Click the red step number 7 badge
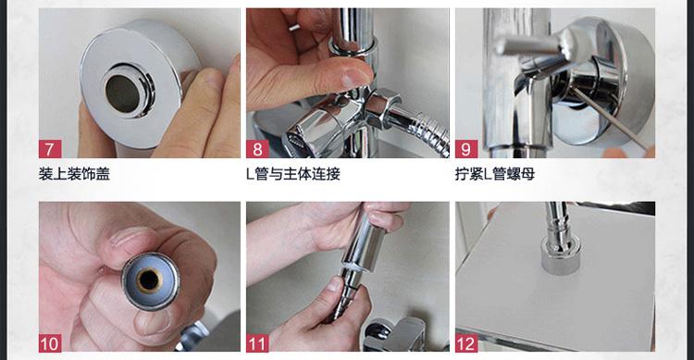point(50,149)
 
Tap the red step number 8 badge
point(257,149)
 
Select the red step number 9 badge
point(466,149)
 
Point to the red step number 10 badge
point(50,343)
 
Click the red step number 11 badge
point(257,343)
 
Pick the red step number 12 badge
point(466,343)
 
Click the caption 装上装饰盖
point(74,174)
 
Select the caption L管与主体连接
point(293,174)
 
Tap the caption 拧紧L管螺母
point(495,174)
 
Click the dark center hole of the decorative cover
point(123,93)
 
